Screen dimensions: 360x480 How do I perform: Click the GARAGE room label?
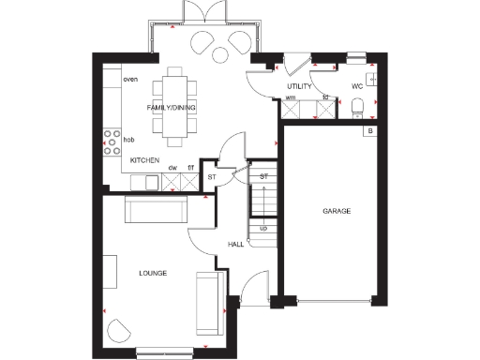coord(337,212)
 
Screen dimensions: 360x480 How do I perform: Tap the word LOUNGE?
coord(153,273)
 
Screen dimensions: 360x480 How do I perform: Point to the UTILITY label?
coord(299,86)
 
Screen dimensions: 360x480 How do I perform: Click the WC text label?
coord(356,86)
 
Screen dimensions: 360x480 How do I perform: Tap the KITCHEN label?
coord(144,161)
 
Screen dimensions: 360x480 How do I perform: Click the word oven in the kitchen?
coord(130,80)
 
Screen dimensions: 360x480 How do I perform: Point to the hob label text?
coord(129,139)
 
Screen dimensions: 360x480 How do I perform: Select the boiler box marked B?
coord(370,130)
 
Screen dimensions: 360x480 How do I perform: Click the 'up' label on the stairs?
coord(263,228)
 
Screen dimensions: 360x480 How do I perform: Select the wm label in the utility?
coord(291,97)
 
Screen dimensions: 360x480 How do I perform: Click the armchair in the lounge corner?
coord(119,330)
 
